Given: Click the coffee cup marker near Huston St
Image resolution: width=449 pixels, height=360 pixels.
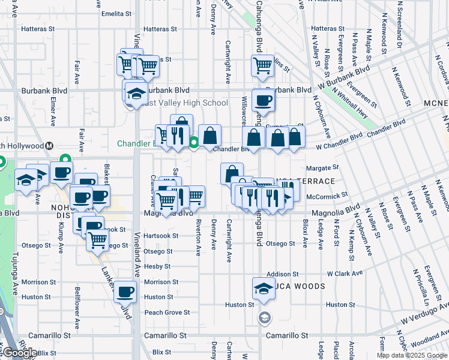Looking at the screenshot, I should (125, 292).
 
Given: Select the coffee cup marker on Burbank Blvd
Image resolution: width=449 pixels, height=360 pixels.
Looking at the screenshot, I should (262, 100).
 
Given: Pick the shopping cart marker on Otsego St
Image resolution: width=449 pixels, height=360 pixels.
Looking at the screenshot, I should (97, 241).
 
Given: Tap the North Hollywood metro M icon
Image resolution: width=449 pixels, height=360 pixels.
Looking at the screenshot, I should (50, 146).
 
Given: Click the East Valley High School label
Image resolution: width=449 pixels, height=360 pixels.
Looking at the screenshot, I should (182, 103).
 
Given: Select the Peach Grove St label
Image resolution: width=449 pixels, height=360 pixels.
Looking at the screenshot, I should (167, 313).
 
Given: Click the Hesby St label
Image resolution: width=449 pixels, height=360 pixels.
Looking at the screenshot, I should (157, 266).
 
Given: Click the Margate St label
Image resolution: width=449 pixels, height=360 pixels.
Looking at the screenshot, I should (323, 168).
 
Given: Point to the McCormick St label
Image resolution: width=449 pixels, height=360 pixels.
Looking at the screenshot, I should (327, 196).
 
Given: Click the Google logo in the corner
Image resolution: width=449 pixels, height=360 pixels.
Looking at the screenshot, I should (20, 353).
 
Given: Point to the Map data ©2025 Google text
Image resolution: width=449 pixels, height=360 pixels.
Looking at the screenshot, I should (412, 355).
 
